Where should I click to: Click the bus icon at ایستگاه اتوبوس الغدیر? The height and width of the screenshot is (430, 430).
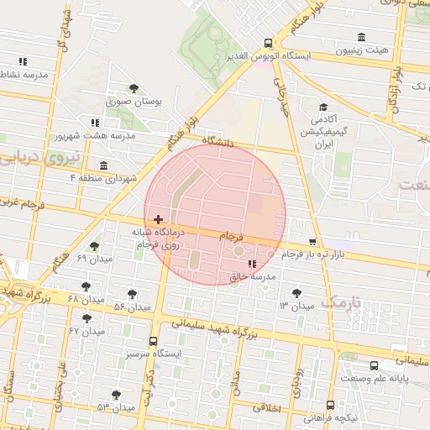[268, 43]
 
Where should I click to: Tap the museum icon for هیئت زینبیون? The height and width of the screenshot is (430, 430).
[361, 37]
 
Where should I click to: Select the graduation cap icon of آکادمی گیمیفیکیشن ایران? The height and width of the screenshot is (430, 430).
[323, 107]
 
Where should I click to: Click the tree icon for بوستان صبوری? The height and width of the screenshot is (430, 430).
[134, 88]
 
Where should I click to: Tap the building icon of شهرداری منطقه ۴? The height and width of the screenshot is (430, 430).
[103, 165]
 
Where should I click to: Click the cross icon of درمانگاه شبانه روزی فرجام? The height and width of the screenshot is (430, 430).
[158, 219]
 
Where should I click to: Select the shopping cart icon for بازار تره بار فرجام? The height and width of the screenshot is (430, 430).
[312, 241]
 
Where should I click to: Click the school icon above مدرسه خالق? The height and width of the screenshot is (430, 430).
[253, 265]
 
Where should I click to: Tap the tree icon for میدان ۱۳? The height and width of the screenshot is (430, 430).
[296, 292]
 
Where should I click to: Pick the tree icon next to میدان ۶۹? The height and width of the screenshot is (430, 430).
[94, 247]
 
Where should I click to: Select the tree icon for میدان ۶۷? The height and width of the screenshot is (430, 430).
[87, 318]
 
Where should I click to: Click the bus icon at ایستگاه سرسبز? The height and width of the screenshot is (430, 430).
[153, 342]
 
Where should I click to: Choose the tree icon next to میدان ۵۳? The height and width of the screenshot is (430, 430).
[116, 395]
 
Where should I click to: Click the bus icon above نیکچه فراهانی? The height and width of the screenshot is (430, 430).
[330, 405]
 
